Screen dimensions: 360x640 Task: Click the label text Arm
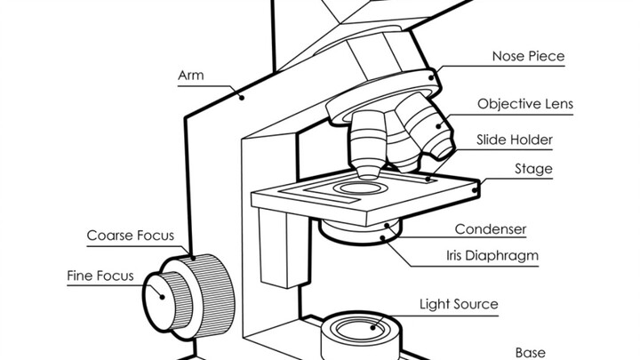191,76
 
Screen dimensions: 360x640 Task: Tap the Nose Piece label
528,56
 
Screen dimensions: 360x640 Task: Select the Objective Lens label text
524,104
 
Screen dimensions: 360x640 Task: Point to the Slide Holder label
515,140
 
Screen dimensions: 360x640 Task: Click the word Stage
533,169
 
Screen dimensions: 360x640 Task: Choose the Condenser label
491,228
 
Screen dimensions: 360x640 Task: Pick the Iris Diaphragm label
492,256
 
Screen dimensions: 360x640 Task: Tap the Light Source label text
458,304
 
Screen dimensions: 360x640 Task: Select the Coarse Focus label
130,236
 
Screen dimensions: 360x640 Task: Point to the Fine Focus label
100,275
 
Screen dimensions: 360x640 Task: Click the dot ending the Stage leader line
480,188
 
